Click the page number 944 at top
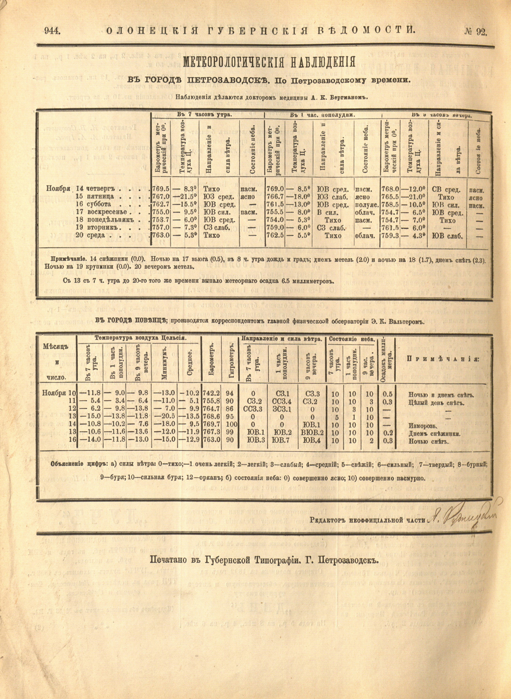pos(52,31)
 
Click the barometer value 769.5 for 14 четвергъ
pos(161,189)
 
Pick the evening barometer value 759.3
pos(390,236)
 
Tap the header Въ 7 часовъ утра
pos(204,115)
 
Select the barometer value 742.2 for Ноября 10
pos(211,393)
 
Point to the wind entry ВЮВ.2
pos(313,432)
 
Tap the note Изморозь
pos(423,426)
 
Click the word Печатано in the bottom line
pos(170,559)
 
